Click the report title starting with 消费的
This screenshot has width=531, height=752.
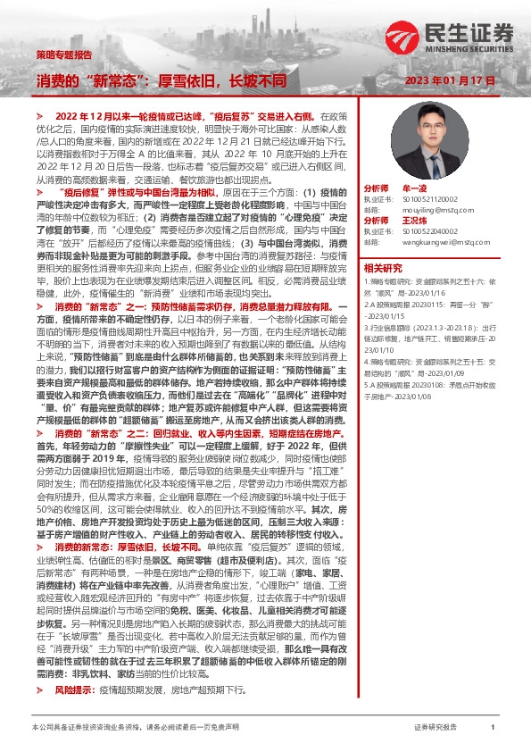point(162,80)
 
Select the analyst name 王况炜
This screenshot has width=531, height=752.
point(415,220)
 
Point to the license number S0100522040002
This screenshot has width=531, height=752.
point(426,230)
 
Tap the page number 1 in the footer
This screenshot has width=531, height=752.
point(493,729)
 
